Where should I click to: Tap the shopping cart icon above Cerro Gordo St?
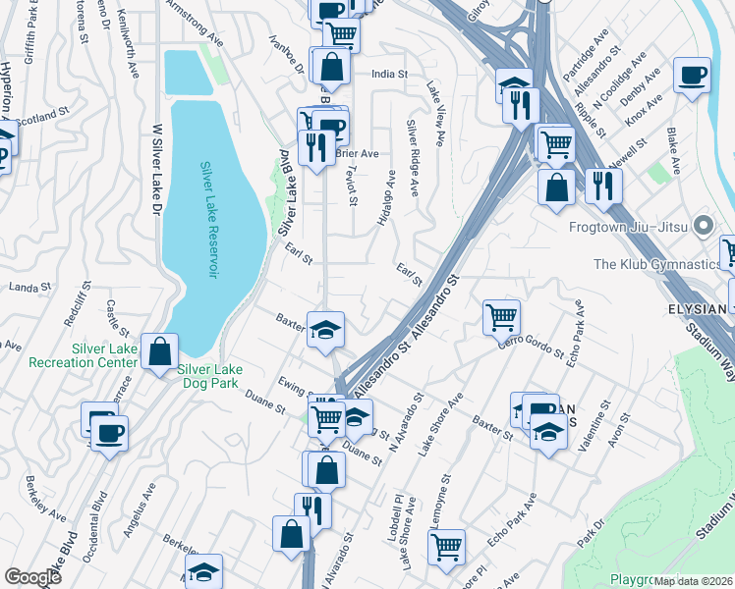pos(501,316)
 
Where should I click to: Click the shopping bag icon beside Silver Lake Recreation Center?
pos(159,351)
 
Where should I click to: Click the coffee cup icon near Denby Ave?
pos(692,75)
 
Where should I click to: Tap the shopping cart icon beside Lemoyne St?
pos(447,545)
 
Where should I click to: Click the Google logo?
pos(32,577)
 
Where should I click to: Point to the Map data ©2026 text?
pos(694,581)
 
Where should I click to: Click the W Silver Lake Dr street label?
pos(155,187)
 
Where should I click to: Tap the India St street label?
pos(389,74)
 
